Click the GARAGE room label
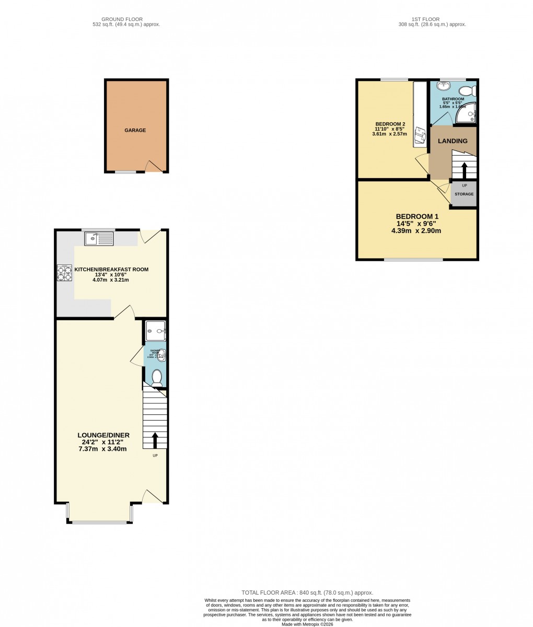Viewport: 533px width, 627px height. pyautogui.click(x=135, y=130)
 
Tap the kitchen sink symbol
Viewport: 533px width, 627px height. pyautogui.click(x=99, y=239)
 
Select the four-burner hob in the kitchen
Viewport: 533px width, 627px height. pyautogui.click(x=65, y=273)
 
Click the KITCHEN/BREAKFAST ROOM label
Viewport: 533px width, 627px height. pyautogui.click(x=111, y=270)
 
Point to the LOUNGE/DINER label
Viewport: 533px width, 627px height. pyautogui.click(x=103, y=435)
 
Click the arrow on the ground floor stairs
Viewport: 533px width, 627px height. pyautogui.click(x=155, y=440)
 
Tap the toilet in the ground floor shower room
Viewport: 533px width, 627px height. pyautogui.click(x=156, y=377)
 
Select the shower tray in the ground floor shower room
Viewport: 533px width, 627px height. pyautogui.click(x=156, y=328)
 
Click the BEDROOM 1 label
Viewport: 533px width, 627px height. pyautogui.click(x=417, y=217)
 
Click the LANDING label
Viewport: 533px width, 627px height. pyautogui.click(x=453, y=141)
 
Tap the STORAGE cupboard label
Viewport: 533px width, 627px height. pyautogui.click(x=464, y=194)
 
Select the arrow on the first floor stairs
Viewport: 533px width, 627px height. pyautogui.click(x=464, y=171)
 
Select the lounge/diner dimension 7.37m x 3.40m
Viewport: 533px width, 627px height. pyautogui.click(x=103, y=449)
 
